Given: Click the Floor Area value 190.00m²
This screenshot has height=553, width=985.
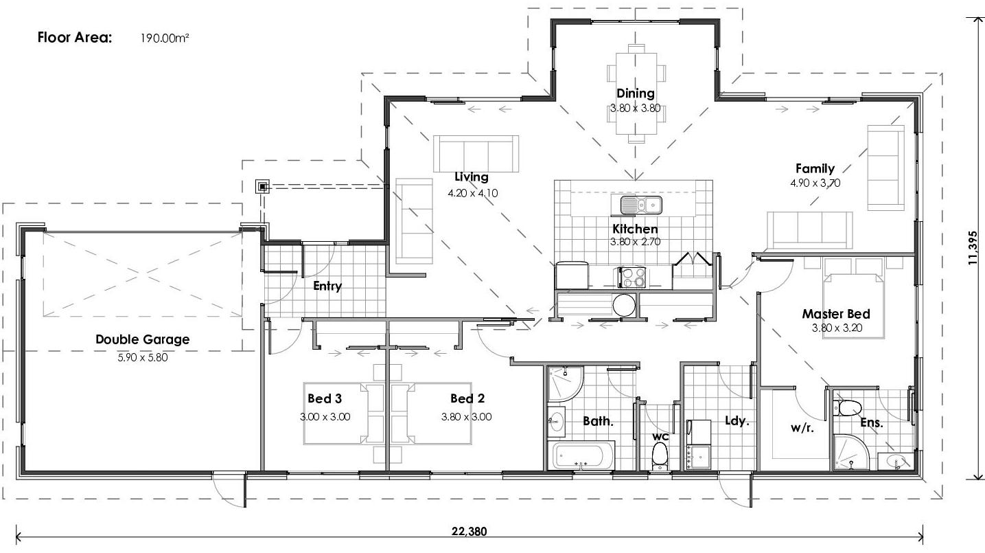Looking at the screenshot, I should [165, 38].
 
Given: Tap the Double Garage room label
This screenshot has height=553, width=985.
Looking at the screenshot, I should [142, 339].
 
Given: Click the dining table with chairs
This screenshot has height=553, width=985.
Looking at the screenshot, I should [636, 93].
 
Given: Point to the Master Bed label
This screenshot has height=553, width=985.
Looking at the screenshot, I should [836, 314].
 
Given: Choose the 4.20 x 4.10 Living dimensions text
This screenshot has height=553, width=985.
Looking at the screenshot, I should [472, 193].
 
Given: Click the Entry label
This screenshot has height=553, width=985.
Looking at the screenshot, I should [327, 286].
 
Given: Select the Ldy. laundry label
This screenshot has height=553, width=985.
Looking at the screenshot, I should [737, 421].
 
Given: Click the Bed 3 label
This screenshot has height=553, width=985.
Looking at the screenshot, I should [325, 398].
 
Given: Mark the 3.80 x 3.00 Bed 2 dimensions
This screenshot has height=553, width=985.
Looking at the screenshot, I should [466, 416].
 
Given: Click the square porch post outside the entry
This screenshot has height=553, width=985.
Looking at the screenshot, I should [262, 187].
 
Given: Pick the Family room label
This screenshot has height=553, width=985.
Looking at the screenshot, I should [815, 168].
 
